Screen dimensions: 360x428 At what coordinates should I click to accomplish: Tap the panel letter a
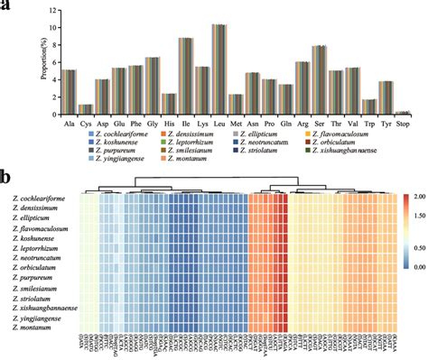pyautogui.click(x=7, y=6)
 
